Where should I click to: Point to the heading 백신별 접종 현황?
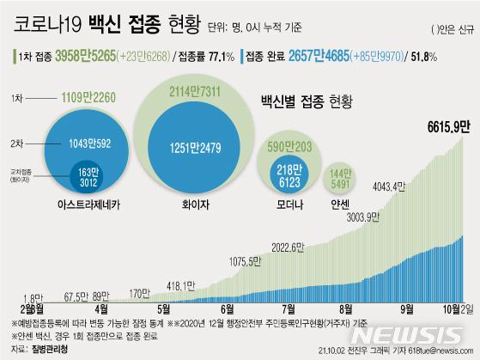(x=307, y=102)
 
